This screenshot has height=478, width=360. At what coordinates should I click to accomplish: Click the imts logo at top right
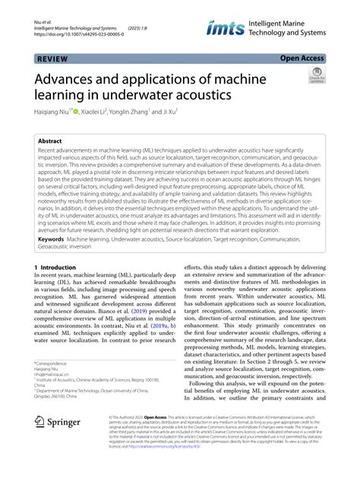(x=224, y=29)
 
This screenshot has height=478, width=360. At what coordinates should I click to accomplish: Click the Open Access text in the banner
(x=302, y=57)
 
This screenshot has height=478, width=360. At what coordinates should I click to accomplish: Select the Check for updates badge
(x=315, y=75)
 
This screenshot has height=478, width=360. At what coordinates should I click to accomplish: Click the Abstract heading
(x=51, y=141)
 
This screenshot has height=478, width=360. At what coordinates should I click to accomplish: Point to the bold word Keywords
(x=50, y=239)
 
